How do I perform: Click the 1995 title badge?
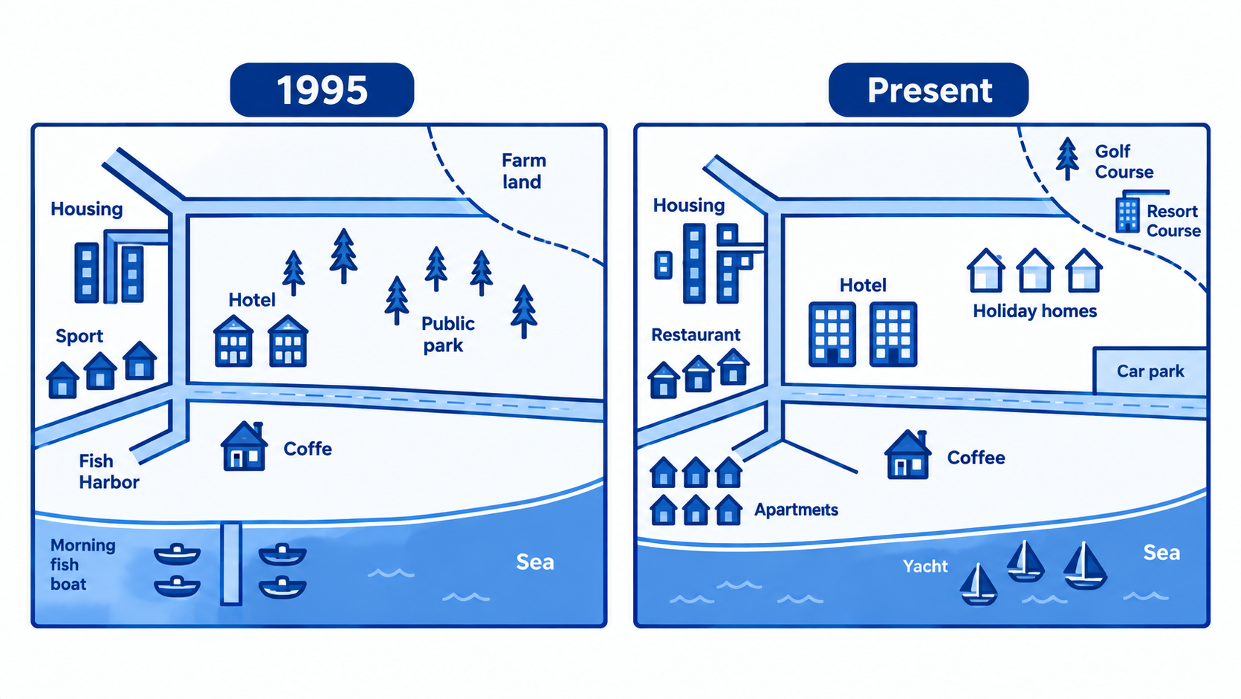click(322, 90)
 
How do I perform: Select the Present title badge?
click(929, 90)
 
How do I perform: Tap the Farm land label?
click(524, 171)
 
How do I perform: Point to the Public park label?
click(447, 334)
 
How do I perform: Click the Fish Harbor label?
click(108, 472)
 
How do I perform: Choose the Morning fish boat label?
click(82, 565)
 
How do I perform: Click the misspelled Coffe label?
click(308, 449)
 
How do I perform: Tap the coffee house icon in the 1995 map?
click(244, 446)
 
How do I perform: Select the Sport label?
click(80, 337)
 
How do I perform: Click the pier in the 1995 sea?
click(231, 563)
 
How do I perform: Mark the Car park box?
click(1150, 371)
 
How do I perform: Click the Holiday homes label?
click(1035, 311)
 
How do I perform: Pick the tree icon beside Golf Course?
click(1067, 159)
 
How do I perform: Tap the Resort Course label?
click(1173, 221)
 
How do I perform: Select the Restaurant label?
click(696, 334)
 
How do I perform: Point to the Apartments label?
click(796, 510)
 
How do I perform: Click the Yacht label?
click(925, 566)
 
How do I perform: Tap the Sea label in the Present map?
click(1161, 553)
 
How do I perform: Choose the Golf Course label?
click(1124, 162)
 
